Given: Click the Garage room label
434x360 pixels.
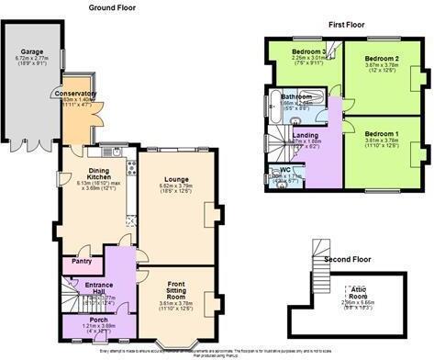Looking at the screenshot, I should coord(34,51).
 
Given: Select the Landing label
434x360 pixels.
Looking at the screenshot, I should coord(306,135).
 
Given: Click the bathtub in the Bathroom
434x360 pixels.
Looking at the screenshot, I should coord(276,108).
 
